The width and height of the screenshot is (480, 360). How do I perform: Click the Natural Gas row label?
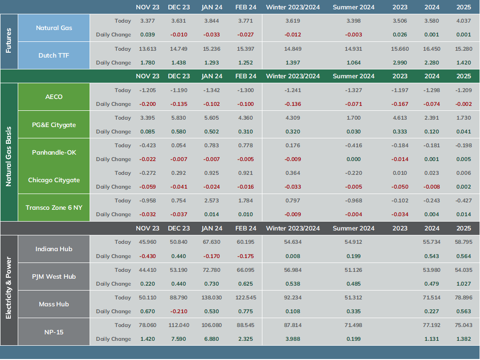click(x=54, y=28)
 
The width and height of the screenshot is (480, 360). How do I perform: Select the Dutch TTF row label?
click(x=54, y=56)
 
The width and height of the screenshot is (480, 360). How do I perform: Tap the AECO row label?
click(x=54, y=97)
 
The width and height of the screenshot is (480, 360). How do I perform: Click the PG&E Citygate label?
click(x=54, y=125)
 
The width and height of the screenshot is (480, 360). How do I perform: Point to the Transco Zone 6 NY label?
click(x=54, y=207)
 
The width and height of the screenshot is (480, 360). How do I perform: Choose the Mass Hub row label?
click(x=54, y=304)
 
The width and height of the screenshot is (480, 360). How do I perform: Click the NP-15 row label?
click(x=54, y=332)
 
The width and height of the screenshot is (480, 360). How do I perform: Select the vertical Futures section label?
click(x=8, y=40)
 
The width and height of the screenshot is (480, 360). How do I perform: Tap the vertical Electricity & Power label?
click(x=8, y=288)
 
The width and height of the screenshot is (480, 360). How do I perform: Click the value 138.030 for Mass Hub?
click(x=212, y=297)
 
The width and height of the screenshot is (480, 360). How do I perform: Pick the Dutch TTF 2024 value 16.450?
click(x=432, y=49)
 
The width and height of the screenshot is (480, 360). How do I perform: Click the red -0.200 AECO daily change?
click(x=148, y=104)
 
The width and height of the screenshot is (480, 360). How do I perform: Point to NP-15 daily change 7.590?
click(x=179, y=339)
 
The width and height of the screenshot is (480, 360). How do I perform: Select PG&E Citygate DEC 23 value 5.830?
click(x=179, y=118)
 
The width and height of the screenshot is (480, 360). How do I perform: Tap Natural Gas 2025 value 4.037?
click(x=463, y=21)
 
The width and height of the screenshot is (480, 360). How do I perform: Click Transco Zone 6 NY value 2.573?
click(x=212, y=200)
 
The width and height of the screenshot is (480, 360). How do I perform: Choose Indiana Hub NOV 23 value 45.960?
click(x=148, y=242)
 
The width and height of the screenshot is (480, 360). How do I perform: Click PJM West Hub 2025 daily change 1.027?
click(x=463, y=284)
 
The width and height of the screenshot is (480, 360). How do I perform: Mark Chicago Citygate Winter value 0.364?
click(x=292, y=173)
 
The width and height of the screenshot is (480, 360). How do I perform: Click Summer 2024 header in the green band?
click(x=353, y=76)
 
